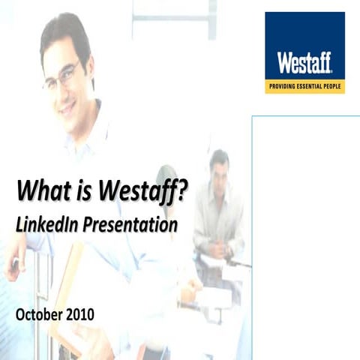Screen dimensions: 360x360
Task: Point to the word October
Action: (38, 314)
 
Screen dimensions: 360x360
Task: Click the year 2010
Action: (79, 314)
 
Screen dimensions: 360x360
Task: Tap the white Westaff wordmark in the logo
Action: (304, 62)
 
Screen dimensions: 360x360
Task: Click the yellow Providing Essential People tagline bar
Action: (304, 87)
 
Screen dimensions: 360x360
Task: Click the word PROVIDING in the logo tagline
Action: (282, 87)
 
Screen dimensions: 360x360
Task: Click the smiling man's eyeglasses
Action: (62, 75)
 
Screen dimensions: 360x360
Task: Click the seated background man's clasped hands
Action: (217, 247)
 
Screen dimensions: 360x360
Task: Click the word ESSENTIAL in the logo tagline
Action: (309, 87)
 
